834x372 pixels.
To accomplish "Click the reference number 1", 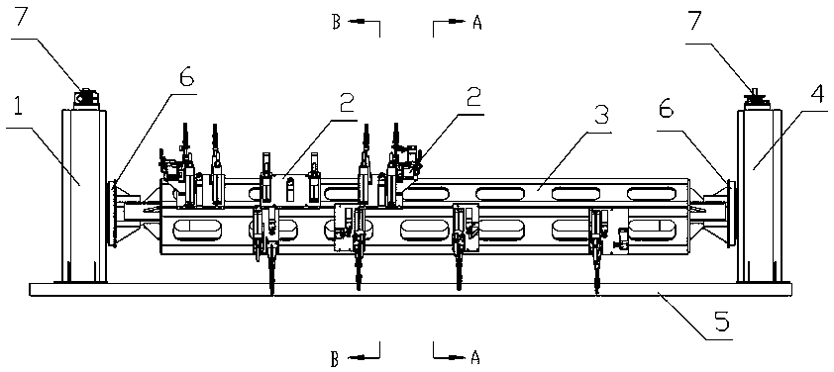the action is (17, 109).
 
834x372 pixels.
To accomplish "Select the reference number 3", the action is (601, 115).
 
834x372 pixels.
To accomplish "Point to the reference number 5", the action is (723, 323).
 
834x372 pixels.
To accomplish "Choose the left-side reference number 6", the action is (186, 78).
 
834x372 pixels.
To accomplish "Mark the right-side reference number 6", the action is (667, 111).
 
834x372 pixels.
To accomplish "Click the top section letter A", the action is (476, 23).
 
